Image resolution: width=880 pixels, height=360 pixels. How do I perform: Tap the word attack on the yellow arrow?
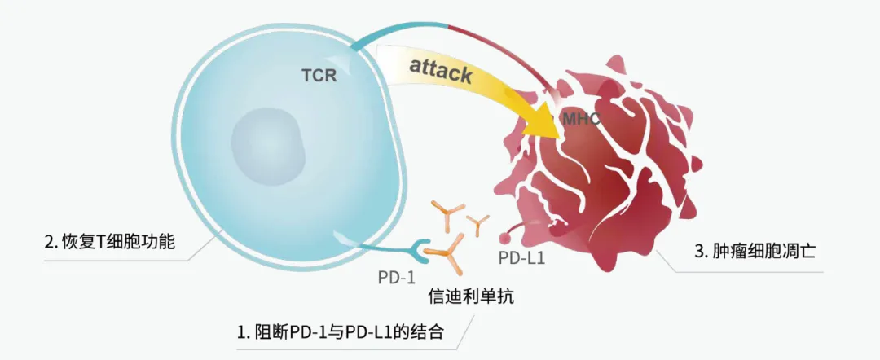pos(441,72)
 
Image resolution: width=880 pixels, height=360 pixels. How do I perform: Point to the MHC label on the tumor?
pos(582,120)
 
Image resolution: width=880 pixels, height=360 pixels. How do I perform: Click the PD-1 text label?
pos(397,277)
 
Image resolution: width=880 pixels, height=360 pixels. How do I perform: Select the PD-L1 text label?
pos(521,259)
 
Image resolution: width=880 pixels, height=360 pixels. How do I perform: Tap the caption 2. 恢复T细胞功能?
pos(109,242)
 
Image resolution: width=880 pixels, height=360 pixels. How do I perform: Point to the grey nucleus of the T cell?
pos(268,143)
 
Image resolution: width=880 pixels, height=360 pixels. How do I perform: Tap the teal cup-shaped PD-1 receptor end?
pos(423,247)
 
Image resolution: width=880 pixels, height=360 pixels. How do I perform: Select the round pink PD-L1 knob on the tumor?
pos(505,239)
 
